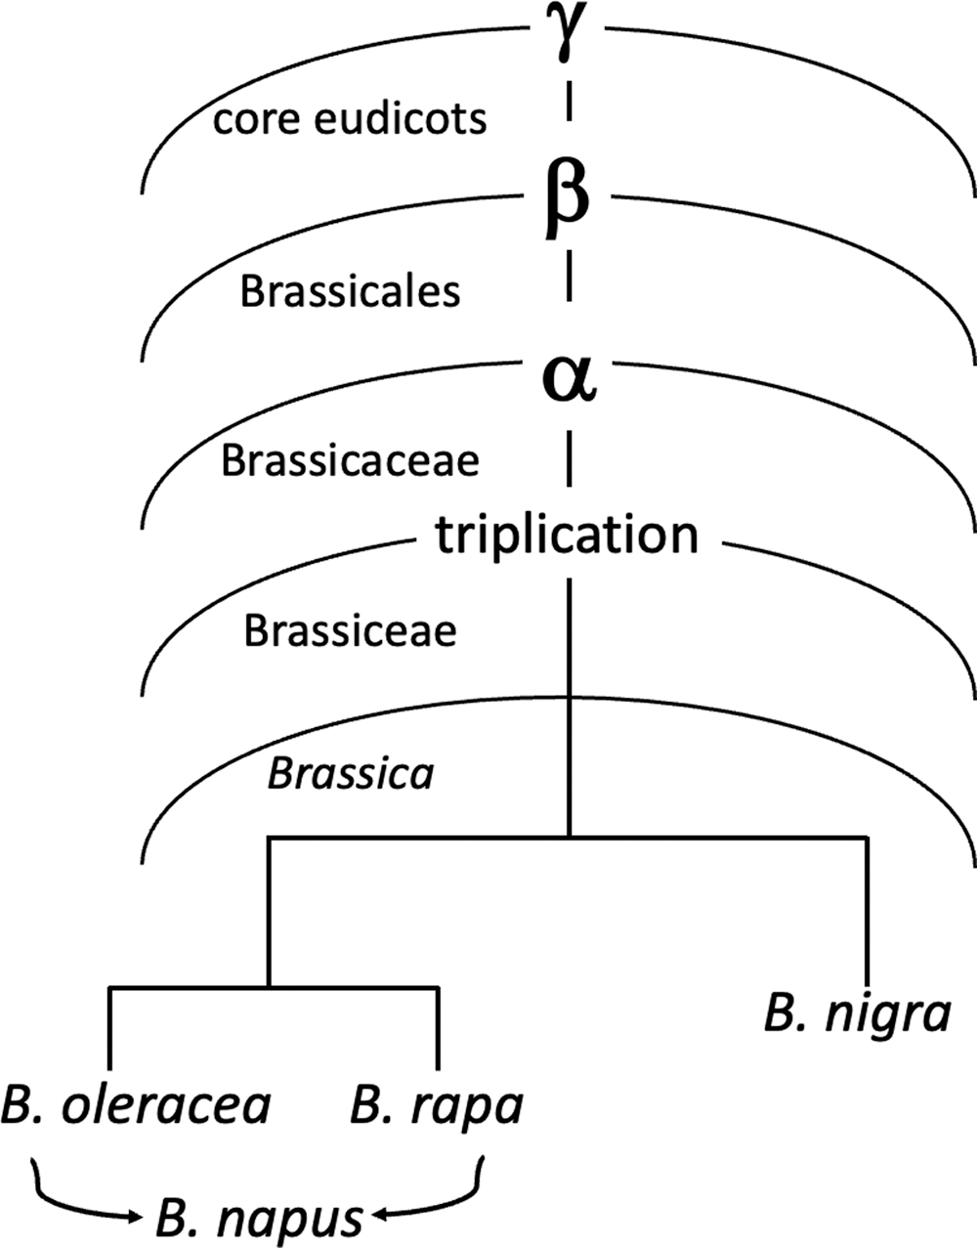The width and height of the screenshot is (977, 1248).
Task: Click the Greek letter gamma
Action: click(568, 31)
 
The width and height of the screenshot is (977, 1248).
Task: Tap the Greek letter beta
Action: click(567, 201)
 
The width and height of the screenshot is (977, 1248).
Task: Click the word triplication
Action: click(567, 535)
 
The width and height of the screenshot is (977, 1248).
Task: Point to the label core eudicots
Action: click(350, 119)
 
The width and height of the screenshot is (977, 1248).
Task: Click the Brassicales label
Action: click(350, 291)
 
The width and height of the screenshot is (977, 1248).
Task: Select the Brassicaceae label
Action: click(350, 460)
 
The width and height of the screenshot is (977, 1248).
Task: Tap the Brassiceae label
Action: click(350, 630)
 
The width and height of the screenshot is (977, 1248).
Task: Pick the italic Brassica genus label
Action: click(351, 774)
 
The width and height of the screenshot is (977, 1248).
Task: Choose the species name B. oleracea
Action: click(136, 1105)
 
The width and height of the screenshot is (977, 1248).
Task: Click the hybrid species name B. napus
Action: click(260, 1216)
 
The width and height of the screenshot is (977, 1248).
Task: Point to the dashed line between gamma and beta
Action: click(569, 101)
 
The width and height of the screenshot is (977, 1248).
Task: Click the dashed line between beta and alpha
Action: click(569, 276)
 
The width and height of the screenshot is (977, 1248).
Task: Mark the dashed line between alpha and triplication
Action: click(569, 459)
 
